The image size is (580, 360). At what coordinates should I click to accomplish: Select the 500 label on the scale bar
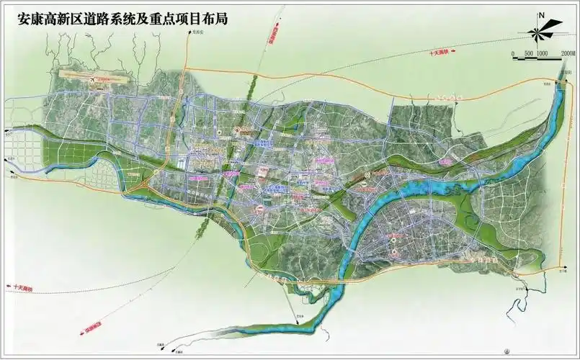point(529,53)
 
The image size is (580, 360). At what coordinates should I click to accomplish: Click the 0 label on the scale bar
point(513,53)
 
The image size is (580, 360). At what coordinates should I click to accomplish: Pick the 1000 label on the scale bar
point(544,53)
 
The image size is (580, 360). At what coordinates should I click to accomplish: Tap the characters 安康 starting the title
point(30,19)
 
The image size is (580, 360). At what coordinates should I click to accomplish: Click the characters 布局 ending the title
point(214,19)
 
